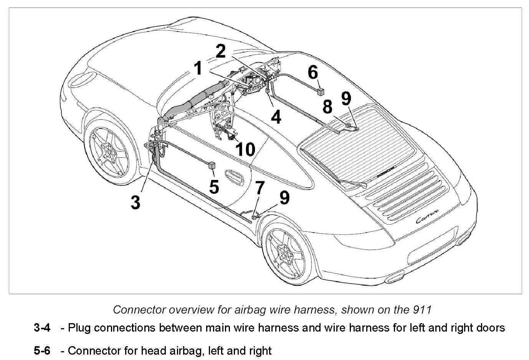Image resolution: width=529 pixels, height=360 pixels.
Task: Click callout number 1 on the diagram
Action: tap(198, 69)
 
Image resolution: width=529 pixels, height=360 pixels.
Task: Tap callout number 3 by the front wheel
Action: tap(135, 202)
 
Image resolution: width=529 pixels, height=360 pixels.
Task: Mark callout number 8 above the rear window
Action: tap(327, 107)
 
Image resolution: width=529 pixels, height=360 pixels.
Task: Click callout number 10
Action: tap(245, 149)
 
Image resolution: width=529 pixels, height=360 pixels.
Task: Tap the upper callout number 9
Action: tap(346, 99)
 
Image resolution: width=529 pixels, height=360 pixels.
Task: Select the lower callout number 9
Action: tap(284, 198)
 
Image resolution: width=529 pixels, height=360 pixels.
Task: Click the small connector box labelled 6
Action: tap(321, 91)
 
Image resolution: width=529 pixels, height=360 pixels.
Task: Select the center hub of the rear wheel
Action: tap(286, 253)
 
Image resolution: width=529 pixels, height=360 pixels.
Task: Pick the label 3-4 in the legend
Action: tap(42, 328)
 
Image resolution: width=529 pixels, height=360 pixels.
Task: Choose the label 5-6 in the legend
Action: tap(42, 350)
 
